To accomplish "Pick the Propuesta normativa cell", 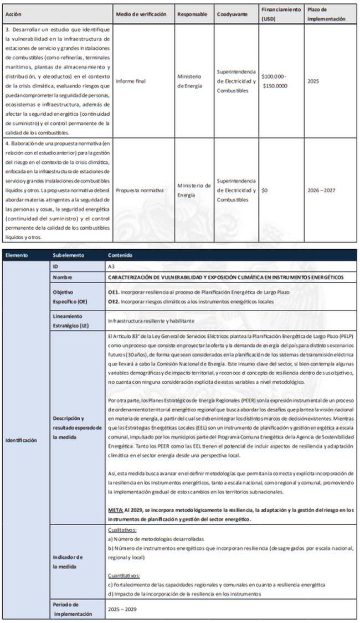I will tap(140, 190).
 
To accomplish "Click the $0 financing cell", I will tap(265, 190).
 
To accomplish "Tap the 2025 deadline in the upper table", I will tap(313, 81).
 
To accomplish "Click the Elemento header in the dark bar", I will tap(18, 256).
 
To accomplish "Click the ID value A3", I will tap(111, 266).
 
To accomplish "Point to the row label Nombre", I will tap(63, 277).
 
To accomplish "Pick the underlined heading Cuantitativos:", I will tap(124, 575).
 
